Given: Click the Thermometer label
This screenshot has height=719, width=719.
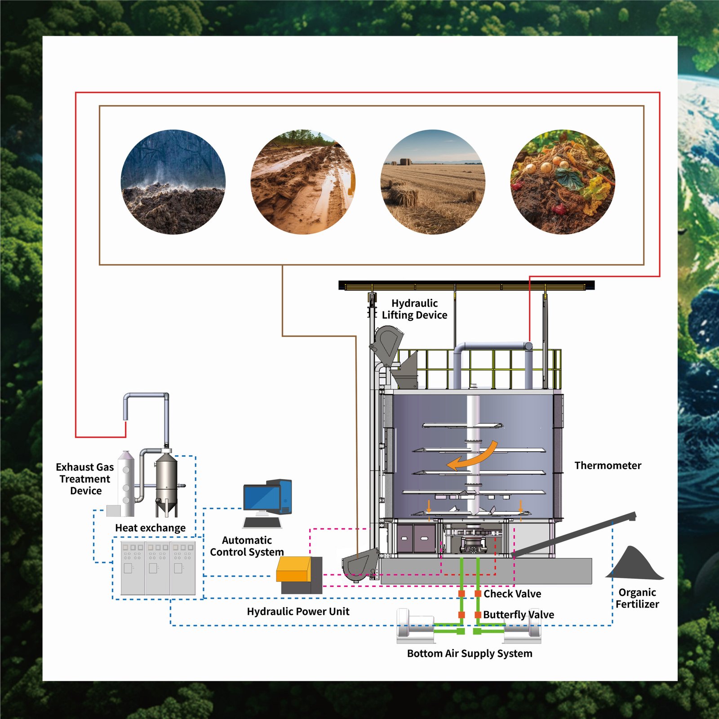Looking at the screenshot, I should coord(608,466).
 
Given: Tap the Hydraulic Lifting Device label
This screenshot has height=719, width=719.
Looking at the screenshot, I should coord(414,309).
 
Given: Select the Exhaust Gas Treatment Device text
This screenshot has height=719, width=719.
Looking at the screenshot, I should coord(84,479).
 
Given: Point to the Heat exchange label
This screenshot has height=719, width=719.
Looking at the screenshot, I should coord(150,528).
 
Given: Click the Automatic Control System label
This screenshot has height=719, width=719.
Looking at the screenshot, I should coord(247,546).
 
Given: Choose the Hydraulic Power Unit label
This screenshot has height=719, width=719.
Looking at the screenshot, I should coord(298,612).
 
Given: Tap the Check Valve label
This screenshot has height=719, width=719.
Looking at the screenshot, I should coord(512,594).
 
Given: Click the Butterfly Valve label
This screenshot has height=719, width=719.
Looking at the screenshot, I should coord(519,615).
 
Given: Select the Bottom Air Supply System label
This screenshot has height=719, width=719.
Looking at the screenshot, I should coord(470,653).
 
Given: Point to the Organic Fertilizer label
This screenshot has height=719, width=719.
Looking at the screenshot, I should coord(637,598).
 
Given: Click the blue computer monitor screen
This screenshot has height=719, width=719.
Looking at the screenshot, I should coord(261,497).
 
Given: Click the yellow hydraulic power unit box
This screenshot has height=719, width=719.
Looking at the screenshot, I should coord(293,569).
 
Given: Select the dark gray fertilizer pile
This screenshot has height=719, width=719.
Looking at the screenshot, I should coord(635,564).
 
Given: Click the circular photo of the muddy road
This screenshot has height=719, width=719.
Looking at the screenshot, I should coord(303,182).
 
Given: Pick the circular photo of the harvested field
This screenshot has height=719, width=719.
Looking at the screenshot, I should coord(433,182).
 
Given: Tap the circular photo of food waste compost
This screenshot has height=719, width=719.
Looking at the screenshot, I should coord(563,182).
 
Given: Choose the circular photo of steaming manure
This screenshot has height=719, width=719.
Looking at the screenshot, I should coord(173,182).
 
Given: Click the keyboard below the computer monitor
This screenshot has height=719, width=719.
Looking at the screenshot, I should coord(262,523).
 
